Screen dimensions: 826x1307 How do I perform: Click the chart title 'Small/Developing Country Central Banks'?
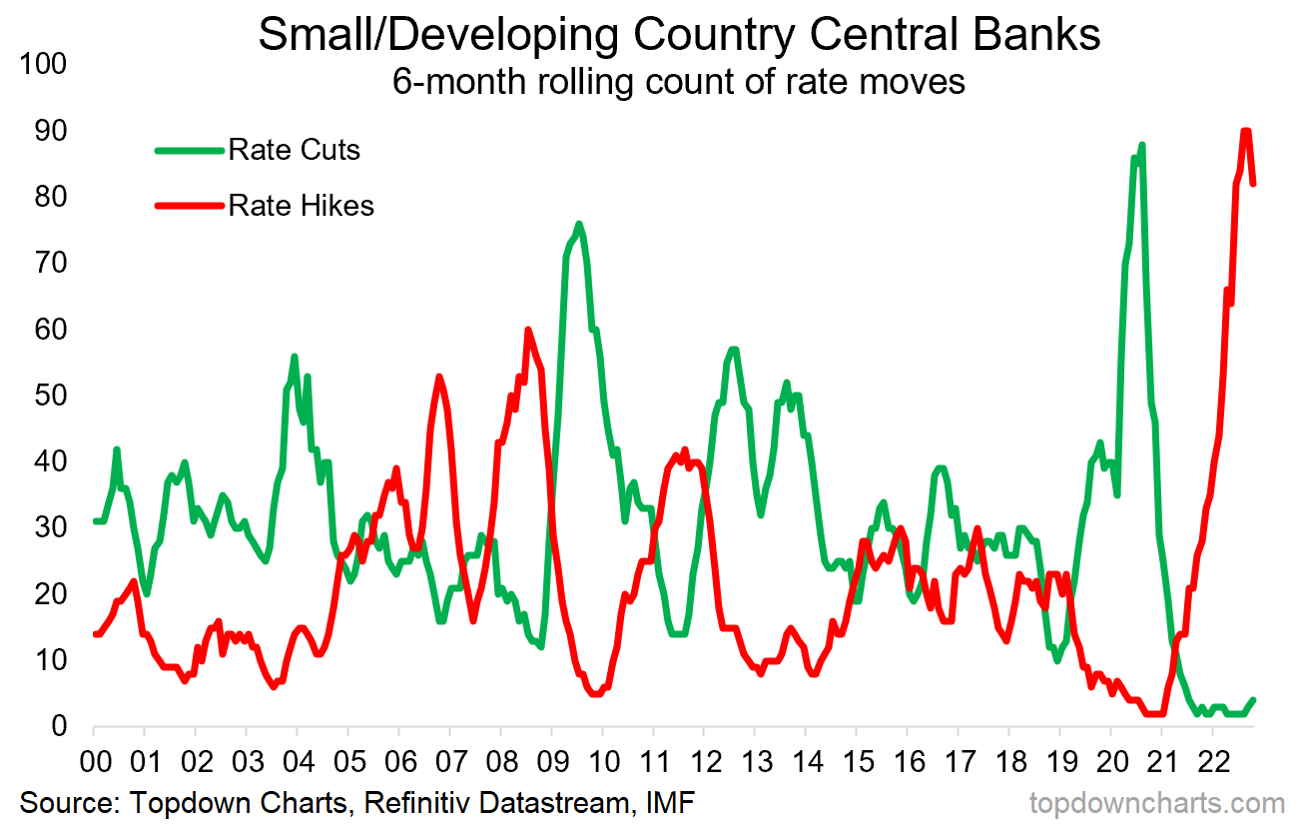[x=679, y=35]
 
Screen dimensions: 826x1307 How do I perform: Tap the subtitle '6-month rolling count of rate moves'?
[x=679, y=82]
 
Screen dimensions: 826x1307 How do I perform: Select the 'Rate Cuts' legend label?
[x=294, y=151]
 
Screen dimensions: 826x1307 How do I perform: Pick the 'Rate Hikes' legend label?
[x=301, y=206]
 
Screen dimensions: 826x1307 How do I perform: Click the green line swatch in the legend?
[x=189, y=151]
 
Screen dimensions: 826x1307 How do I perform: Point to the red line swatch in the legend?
[x=189, y=206]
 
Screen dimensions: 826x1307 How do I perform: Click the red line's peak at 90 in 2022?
[x=1246, y=131]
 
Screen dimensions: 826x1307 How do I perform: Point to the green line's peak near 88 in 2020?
[x=1140, y=146]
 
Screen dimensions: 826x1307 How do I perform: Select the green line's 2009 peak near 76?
[x=579, y=224]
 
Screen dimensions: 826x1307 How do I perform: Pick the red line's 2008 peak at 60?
[x=528, y=330]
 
